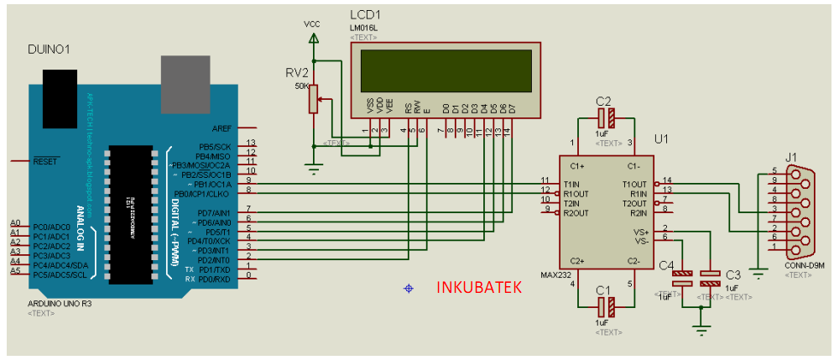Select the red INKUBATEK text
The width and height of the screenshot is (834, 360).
(x=479, y=287)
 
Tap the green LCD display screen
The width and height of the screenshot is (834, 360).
(x=446, y=70)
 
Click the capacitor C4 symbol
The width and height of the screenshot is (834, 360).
(x=685, y=279)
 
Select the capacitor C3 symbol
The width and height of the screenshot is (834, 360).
(x=711, y=279)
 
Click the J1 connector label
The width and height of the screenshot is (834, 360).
(x=790, y=156)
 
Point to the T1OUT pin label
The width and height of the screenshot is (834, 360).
(x=634, y=183)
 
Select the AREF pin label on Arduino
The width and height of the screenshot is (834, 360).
(x=222, y=128)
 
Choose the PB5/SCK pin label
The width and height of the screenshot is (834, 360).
(x=214, y=147)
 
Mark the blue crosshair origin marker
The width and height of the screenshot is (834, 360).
(x=409, y=289)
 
